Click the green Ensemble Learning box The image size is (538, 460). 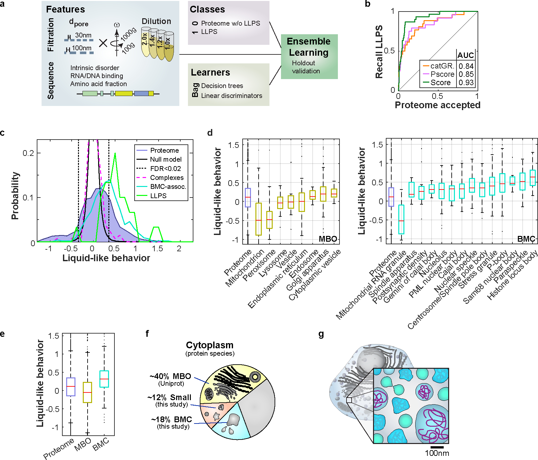[309, 56]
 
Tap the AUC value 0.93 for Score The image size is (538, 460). [466, 83]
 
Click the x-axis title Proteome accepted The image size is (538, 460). [437, 105]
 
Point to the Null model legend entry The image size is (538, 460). [166, 159]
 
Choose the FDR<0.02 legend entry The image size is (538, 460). [165, 168]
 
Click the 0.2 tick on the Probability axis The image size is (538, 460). [28, 153]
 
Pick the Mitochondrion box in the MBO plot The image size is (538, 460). [259, 219]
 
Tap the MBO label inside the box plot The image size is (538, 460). [328, 239]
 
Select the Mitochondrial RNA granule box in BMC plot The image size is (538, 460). [401, 220]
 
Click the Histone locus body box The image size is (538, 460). [533, 178]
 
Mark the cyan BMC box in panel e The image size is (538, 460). [104, 379]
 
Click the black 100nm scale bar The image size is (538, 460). [437, 447]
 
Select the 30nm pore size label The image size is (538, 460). [83, 35]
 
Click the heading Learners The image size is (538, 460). [210, 72]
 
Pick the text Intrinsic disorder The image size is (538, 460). [95, 68]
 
